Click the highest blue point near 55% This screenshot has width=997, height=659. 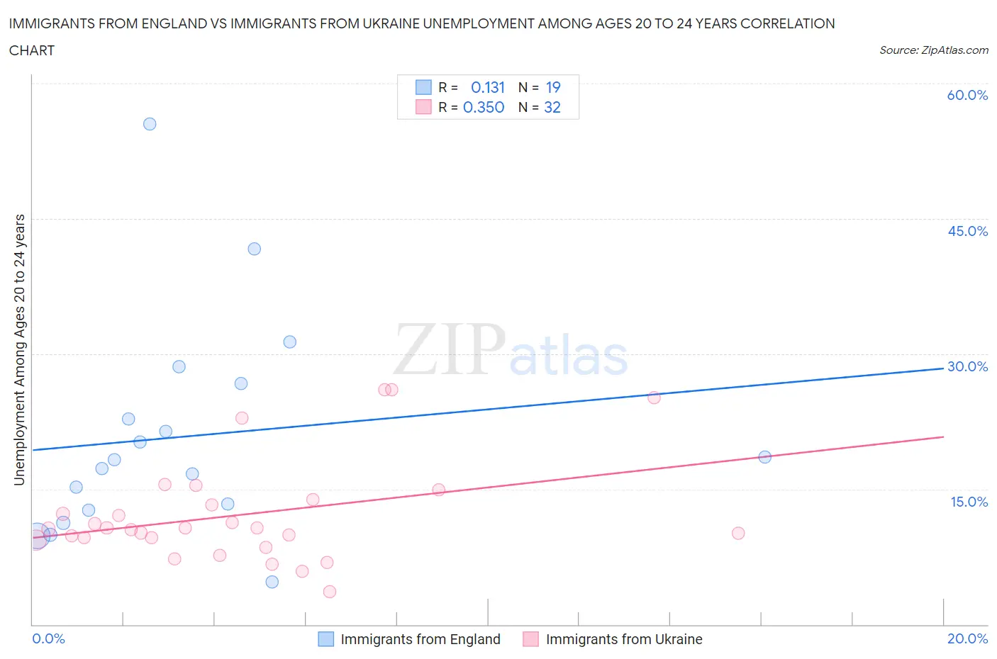click(150, 124)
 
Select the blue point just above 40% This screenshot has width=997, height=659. click(255, 249)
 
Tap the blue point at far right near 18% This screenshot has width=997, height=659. click(764, 457)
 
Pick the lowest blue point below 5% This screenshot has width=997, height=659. click(272, 582)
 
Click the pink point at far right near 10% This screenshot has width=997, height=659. click(738, 533)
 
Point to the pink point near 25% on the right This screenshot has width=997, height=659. click(654, 398)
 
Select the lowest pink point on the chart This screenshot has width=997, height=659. click(330, 592)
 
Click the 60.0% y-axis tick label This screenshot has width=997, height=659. click(967, 95)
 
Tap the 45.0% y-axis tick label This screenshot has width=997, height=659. click(967, 231)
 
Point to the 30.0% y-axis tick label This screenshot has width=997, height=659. click(967, 366)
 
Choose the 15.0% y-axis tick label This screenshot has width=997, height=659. click(969, 502)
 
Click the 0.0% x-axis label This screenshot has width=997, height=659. click(48, 638)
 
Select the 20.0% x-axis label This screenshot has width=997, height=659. click(967, 638)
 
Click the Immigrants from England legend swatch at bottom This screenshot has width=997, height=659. click(325, 639)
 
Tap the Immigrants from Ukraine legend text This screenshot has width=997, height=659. click(624, 639)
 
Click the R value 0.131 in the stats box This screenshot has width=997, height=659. click(488, 87)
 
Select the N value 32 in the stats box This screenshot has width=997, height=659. click(552, 107)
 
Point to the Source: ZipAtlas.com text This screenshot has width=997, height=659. click(934, 50)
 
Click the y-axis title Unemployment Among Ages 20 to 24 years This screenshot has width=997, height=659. click(20, 350)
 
